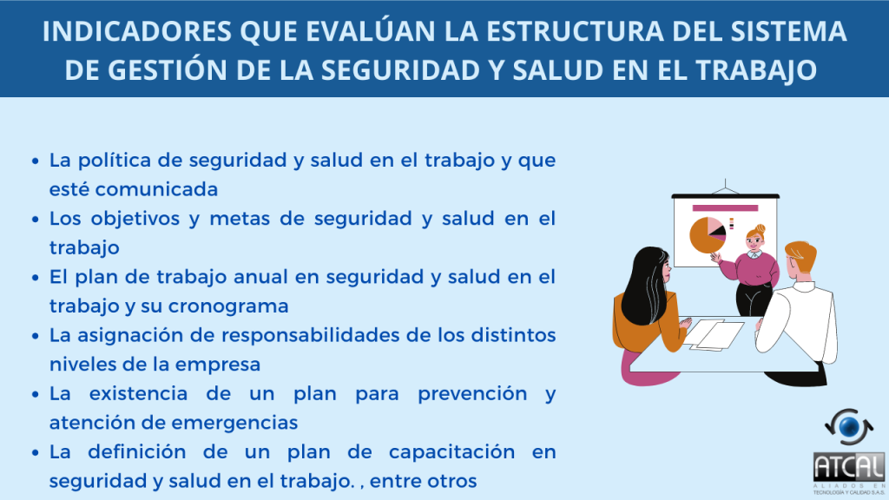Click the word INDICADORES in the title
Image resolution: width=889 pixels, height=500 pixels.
click(x=136, y=31)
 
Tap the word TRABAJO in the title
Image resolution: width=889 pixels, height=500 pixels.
click(x=756, y=69)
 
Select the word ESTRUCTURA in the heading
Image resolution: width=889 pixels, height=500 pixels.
click(x=575, y=31)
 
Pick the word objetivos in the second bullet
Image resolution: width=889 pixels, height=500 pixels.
click(x=135, y=220)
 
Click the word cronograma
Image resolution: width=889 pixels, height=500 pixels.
click(x=228, y=306)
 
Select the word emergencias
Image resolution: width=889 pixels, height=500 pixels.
click(x=234, y=423)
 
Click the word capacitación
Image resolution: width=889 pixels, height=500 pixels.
click(x=451, y=452)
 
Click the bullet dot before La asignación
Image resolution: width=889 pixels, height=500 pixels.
click(x=36, y=336)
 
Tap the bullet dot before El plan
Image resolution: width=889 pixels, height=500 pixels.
click(x=36, y=278)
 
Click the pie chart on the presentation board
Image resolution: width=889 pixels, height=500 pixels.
click(x=707, y=234)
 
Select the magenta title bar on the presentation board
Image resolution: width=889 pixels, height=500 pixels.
click(x=725, y=208)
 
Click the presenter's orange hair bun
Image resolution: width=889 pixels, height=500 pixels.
click(x=761, y=228)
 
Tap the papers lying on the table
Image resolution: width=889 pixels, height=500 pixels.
click(x=714, y=334)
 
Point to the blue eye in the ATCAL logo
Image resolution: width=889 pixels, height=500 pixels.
click(x=849, y=427)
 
